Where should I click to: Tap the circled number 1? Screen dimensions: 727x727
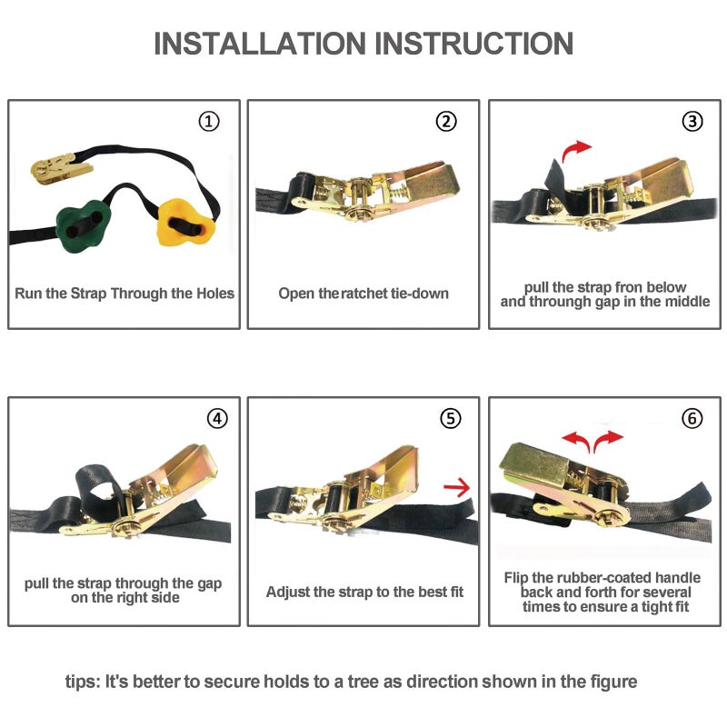tap(209, 122)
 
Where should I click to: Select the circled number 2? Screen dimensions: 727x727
tap(446, 122)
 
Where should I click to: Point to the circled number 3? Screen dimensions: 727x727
tap(692, 122)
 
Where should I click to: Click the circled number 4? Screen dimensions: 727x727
tap(217, 419)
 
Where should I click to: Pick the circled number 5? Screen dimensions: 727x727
tap(450, 419)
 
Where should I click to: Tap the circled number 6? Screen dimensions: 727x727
tap(692, 419)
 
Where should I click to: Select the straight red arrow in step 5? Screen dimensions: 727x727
tap(457, 487)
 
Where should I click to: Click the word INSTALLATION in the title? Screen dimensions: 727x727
tap(260, 44)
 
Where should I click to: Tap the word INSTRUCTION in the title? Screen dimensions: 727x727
tap(473, 44)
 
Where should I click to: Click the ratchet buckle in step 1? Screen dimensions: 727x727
tap(60, 168)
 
